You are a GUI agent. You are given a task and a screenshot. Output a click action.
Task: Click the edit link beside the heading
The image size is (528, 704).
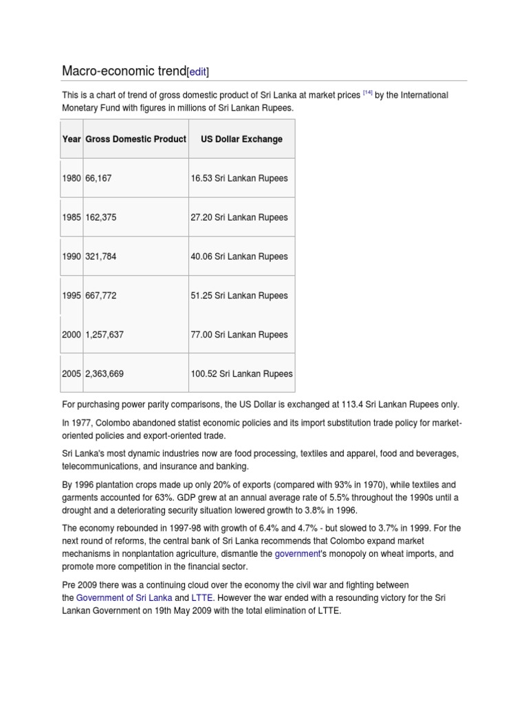point(198,71)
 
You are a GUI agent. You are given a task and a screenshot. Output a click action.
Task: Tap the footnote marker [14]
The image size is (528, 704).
point(368,91)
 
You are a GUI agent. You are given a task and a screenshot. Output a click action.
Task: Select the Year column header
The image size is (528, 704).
point(71,139)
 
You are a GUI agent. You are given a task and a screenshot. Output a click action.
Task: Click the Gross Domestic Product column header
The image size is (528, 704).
point(135,139)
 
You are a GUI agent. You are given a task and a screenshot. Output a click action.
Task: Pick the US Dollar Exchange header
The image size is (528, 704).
point(241,139)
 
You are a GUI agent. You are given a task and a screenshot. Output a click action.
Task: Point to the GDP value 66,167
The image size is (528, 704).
point(98,178)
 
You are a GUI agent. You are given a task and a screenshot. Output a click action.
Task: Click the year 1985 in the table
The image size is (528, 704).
point(71,217)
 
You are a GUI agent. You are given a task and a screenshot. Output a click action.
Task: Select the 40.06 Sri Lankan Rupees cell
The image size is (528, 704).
point(239,256)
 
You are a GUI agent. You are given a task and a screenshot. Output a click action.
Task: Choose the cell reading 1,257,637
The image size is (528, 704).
point(104,335)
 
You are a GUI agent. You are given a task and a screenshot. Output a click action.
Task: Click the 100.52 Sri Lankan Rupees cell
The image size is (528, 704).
point(241,374)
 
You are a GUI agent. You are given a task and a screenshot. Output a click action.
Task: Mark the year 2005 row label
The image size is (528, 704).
point(71,374)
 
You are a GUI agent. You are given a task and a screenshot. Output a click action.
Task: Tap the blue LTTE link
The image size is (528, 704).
point(201,597)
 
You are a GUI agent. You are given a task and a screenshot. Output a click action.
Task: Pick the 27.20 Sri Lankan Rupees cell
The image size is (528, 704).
point(239,217)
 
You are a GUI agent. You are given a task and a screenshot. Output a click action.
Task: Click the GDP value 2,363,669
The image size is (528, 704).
point(104,374)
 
